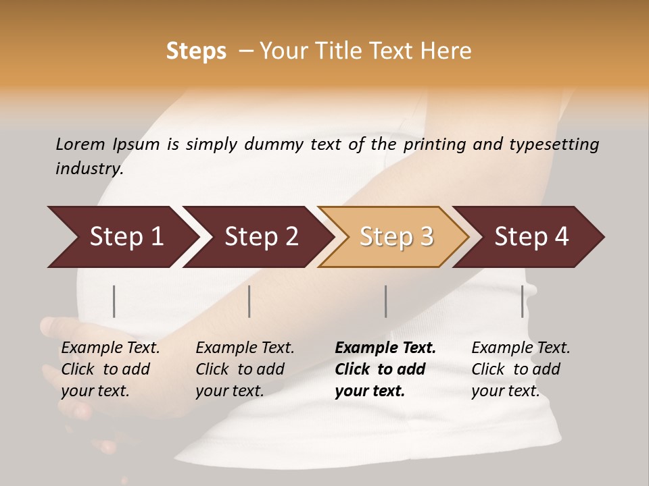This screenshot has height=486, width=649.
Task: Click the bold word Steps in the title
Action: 196,51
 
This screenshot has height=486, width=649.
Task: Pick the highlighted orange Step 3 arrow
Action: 396,237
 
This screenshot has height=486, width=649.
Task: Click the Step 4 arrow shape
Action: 531,237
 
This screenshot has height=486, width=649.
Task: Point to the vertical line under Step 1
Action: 114,301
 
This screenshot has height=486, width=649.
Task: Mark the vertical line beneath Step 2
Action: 249,301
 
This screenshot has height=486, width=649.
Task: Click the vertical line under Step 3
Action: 386,301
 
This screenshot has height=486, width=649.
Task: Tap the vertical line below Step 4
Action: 523,301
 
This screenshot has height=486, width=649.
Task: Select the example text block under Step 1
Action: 110,369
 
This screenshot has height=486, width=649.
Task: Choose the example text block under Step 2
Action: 245,369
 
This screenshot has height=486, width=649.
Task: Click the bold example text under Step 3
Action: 385,369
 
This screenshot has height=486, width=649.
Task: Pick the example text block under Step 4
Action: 521,369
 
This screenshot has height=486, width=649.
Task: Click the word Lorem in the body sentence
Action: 80,144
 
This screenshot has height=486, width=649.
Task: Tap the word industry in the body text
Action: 89,169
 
